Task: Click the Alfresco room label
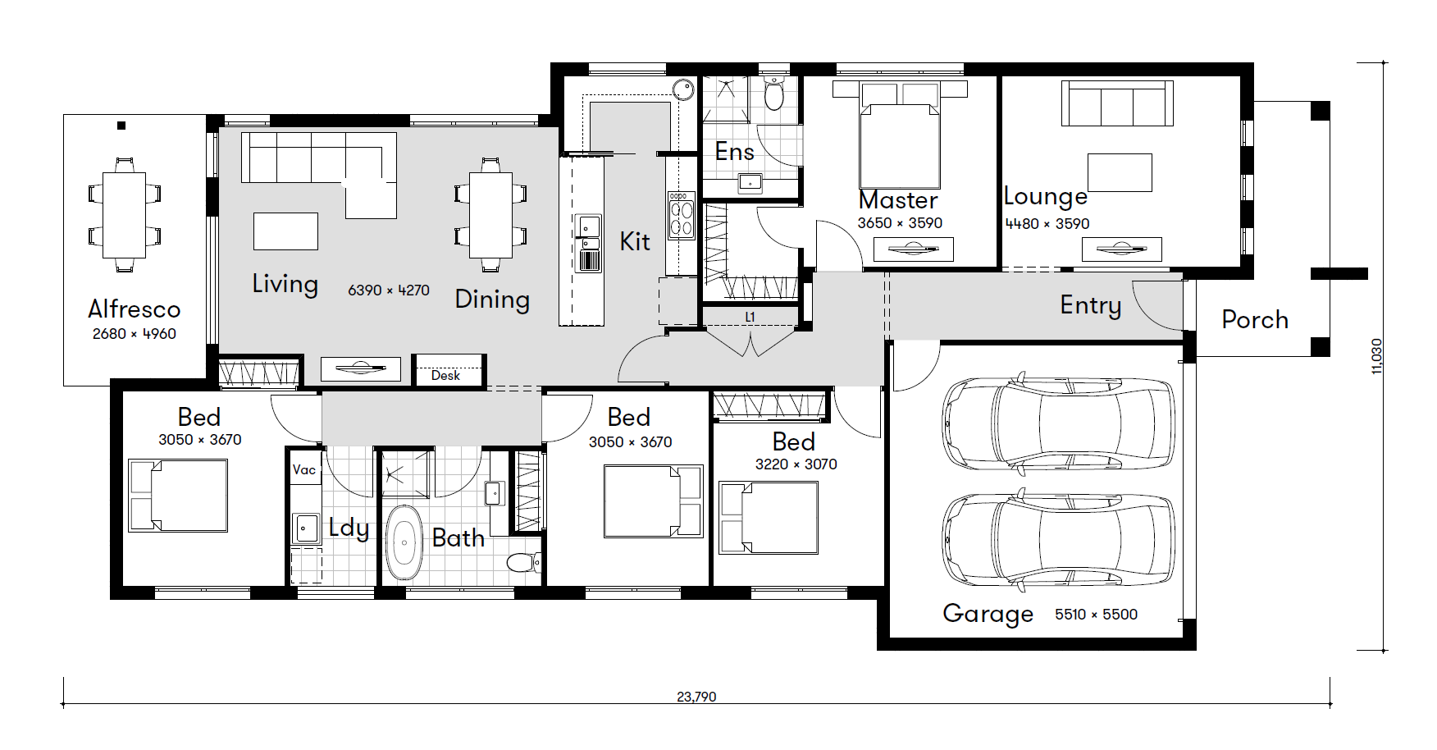[134, 309]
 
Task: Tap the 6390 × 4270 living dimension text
[389, 290]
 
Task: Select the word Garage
[988, 614]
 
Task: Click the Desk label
[445, 375]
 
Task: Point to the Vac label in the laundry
[304, 469]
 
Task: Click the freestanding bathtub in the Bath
[403, 543]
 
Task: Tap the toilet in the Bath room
[523, 563]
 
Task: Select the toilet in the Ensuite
[774, 94]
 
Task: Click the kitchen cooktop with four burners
[681, 215]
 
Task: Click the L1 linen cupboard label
[750, 317]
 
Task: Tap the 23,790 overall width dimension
[696, 697]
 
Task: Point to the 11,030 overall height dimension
[1376, 356]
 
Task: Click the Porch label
[1255, 319]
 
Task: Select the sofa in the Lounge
[1117, 103]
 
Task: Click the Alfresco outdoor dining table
[124, 214]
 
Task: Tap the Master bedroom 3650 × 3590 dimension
[900, 223]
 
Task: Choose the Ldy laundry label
[349, 528]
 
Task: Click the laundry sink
[306, 528]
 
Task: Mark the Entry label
[1090, 305]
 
